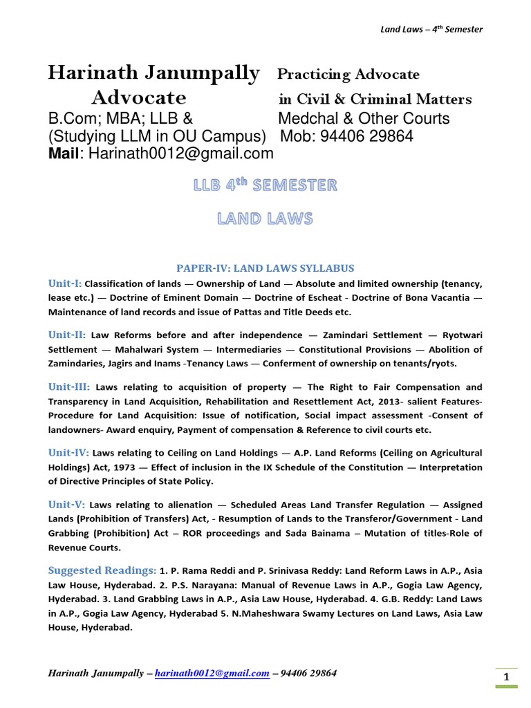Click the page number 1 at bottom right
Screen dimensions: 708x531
click(506, 678)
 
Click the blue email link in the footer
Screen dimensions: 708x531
click(212, 673)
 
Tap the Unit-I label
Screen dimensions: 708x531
click(65, 283)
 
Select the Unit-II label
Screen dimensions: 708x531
click(67, 334)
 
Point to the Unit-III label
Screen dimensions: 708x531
click(70, 386)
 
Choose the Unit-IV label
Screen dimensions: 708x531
click(68, 452)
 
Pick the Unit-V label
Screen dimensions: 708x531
click(66, 504)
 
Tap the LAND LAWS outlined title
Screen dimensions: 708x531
click(265, 219)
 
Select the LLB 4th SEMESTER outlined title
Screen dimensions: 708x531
click(265, 185)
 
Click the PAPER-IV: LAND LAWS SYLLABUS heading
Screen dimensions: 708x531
click(265, 268)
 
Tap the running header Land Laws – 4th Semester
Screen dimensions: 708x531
click(431, 29)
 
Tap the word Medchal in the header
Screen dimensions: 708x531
click(306, 119)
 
